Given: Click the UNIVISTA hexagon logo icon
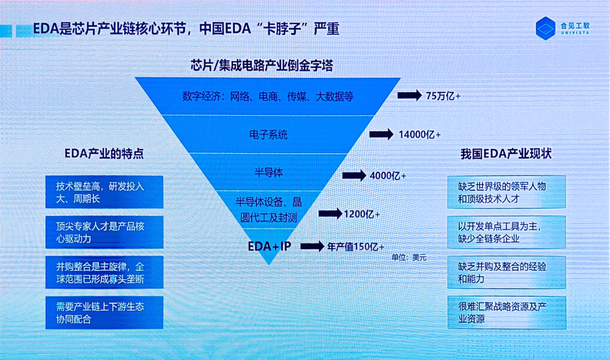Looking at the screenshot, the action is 545,28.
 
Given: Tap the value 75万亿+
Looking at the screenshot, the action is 443,96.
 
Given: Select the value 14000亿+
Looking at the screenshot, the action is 419,135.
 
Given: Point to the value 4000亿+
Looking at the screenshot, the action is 388,176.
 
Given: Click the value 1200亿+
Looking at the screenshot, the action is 361,214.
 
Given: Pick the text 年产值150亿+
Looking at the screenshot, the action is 356,247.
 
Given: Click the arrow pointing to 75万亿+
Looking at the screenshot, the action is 409,95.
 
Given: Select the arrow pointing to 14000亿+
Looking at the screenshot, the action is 381,134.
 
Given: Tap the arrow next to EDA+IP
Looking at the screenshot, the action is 312,247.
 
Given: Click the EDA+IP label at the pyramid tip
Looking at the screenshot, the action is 269,246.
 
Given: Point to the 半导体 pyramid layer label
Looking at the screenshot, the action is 268,173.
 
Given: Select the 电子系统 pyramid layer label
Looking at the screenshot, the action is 268,135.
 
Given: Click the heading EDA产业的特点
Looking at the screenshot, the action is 104,154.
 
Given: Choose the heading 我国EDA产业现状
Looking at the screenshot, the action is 506,154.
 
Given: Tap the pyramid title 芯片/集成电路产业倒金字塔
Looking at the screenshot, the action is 262,66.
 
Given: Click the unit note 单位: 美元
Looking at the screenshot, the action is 409,257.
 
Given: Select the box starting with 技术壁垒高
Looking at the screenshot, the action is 104,192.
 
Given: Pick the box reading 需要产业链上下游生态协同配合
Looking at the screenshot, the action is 104,313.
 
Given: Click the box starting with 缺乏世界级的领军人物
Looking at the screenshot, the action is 506,192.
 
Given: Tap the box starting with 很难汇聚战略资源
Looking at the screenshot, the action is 507,313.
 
